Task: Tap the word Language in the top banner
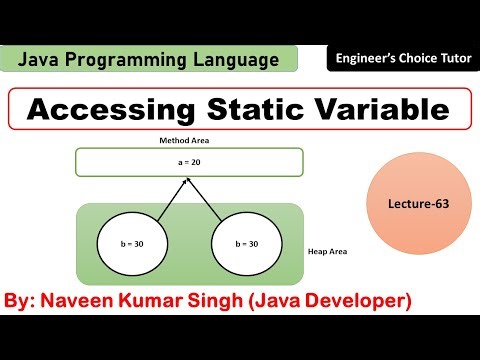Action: (233, 62)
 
